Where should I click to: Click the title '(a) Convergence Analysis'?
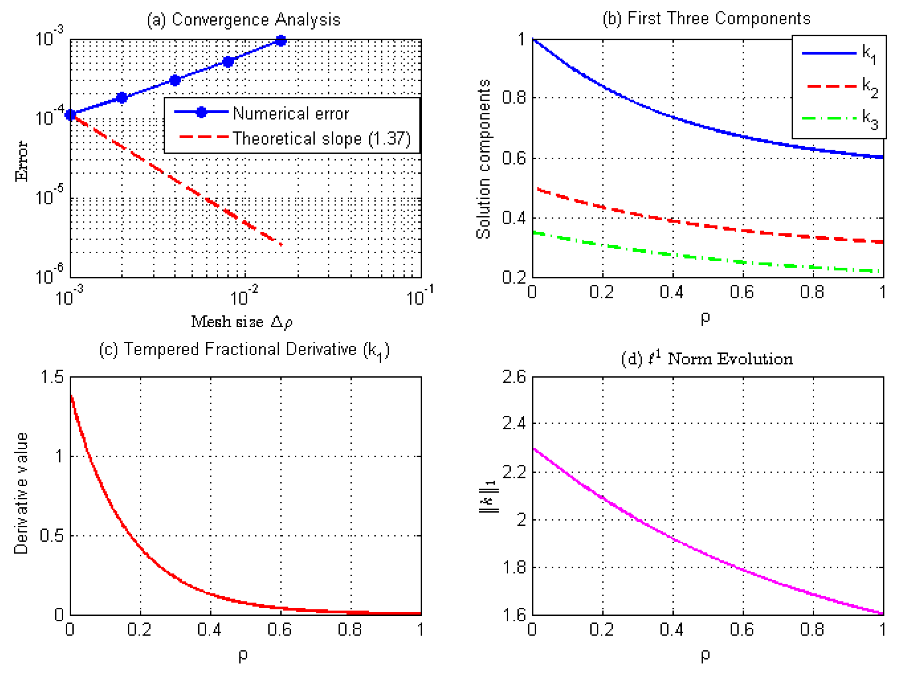tap(244, 20)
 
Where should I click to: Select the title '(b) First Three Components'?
tap(707, 19)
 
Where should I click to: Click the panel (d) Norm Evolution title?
tap(707, 359)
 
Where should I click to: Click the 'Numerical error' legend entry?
tap(262, 113)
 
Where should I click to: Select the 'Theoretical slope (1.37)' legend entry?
tap(295, 138)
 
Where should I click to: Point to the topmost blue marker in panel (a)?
tap(281, 40)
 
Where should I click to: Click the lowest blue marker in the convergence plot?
tap(71, 115)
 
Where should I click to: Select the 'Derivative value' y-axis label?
tap(21, 493)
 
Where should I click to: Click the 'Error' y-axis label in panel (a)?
tap(21, 161)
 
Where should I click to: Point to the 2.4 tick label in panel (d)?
tap(514, 423)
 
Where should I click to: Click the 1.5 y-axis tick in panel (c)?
tap(52, 377)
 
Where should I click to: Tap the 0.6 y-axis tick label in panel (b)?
tap(514, 158)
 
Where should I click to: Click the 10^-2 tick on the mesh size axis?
tap(244, 296)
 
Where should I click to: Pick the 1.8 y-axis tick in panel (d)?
tap(514, 567)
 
